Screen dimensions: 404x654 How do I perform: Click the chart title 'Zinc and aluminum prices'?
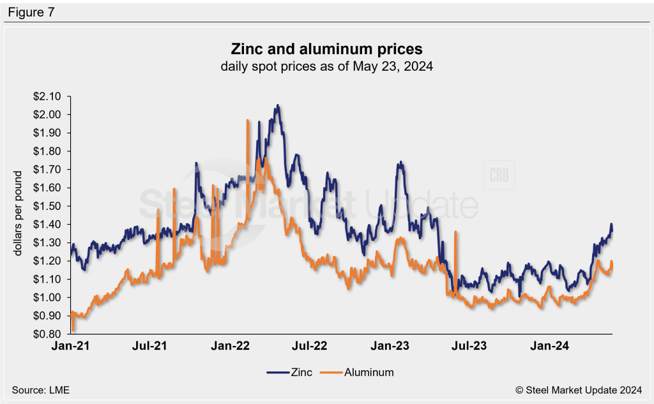click(x=326, y=49)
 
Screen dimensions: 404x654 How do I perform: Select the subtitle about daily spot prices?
click(x=326, y=66)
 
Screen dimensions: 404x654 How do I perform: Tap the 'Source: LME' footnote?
click(x=40, y=389)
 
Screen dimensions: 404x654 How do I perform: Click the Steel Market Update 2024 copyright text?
click(x=579, y=389)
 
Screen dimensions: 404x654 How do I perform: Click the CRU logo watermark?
click(x=499, y=176)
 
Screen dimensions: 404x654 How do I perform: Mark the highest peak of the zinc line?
click(x=277, y=105)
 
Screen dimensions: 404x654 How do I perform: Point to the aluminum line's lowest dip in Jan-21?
click(x=73, y=331)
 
